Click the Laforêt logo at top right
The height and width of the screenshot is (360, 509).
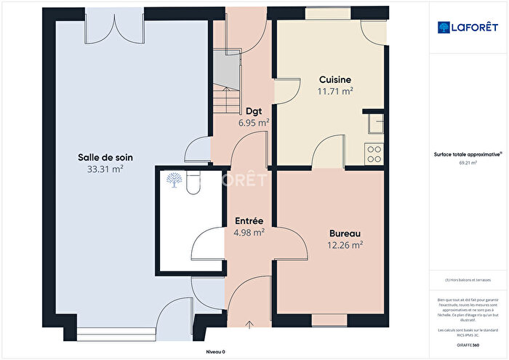point(468,27)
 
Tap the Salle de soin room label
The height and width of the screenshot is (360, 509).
point(105,157)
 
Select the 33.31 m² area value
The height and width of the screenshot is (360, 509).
point(105,169)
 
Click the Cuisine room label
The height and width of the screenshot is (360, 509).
point(334,80)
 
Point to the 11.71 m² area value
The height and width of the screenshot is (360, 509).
point(334,91)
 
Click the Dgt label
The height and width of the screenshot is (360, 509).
point(254,111)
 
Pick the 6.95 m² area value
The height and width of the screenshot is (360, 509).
point(254,123)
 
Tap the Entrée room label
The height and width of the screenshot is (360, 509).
point(249,221)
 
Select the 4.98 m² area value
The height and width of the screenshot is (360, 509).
point(249,233)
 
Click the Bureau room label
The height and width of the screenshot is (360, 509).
point(345,233)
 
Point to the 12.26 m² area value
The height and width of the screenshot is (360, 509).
point(345,245)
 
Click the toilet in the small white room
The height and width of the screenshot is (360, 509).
point(192,185)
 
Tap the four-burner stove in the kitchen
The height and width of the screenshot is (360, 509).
point(375,154)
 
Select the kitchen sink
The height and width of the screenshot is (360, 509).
point(376,126)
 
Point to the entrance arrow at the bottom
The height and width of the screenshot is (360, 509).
point(250,324)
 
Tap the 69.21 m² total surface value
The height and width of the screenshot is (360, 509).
point(468,163)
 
